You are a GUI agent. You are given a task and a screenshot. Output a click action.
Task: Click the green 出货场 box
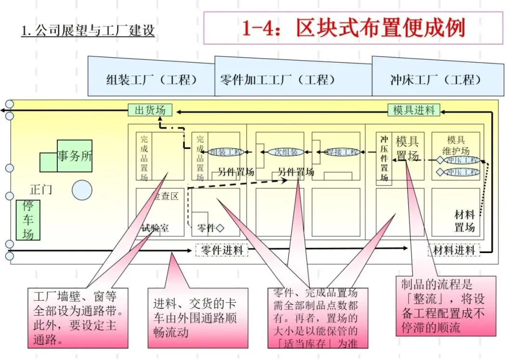pos(150,110)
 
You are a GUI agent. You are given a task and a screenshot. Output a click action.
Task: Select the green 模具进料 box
pos(414,110)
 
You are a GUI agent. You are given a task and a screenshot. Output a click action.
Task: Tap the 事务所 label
pos(75,156)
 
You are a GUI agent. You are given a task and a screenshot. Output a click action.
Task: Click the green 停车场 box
pos(28,220)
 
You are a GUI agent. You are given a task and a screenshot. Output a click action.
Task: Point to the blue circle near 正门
pos(82,190)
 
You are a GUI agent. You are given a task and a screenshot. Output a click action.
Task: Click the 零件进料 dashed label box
pos(221,250)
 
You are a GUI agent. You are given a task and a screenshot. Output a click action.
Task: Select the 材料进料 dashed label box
pos(454,250)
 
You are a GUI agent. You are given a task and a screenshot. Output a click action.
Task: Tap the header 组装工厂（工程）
pos(151,80)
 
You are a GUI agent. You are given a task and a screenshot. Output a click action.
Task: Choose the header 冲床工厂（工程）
pos(436,80)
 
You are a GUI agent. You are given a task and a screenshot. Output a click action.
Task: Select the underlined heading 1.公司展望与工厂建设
pos(88,31)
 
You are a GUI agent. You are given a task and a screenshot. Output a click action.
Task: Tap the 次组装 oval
pos(286,152)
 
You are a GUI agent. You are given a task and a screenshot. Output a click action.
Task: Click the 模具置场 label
pos(407,148)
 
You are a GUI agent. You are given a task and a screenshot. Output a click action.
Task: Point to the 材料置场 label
pos(464,221)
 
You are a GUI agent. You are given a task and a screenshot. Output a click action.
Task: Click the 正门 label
pos(41,189)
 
